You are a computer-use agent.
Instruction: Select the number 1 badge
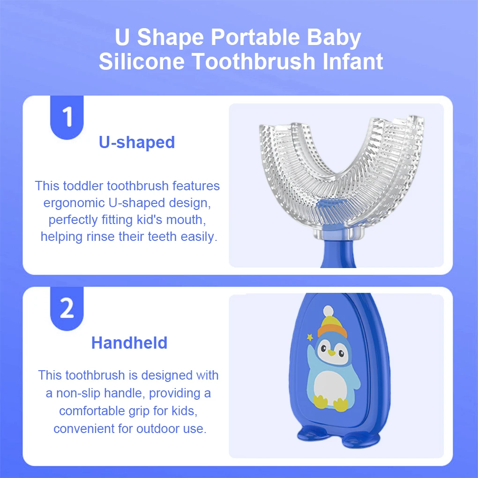tap(67, 117)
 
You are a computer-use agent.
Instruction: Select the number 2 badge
tap(67, 308)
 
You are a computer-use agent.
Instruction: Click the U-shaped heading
tap(137, 142)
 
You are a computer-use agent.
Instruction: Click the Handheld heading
tap(129, 343)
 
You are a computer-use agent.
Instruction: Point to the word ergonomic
tap(74, 203)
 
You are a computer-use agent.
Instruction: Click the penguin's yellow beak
tap(331, 353)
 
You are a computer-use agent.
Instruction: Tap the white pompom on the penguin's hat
tap(329, 311)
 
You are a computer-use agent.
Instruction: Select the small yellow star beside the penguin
tap(310, 337)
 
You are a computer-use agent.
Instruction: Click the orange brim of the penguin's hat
tap(332, 331)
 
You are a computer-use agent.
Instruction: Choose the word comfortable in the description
tap(92, 411)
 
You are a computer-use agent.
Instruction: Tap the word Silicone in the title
tap(142, 61)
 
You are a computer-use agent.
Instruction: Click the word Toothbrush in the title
tap(254, 61)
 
